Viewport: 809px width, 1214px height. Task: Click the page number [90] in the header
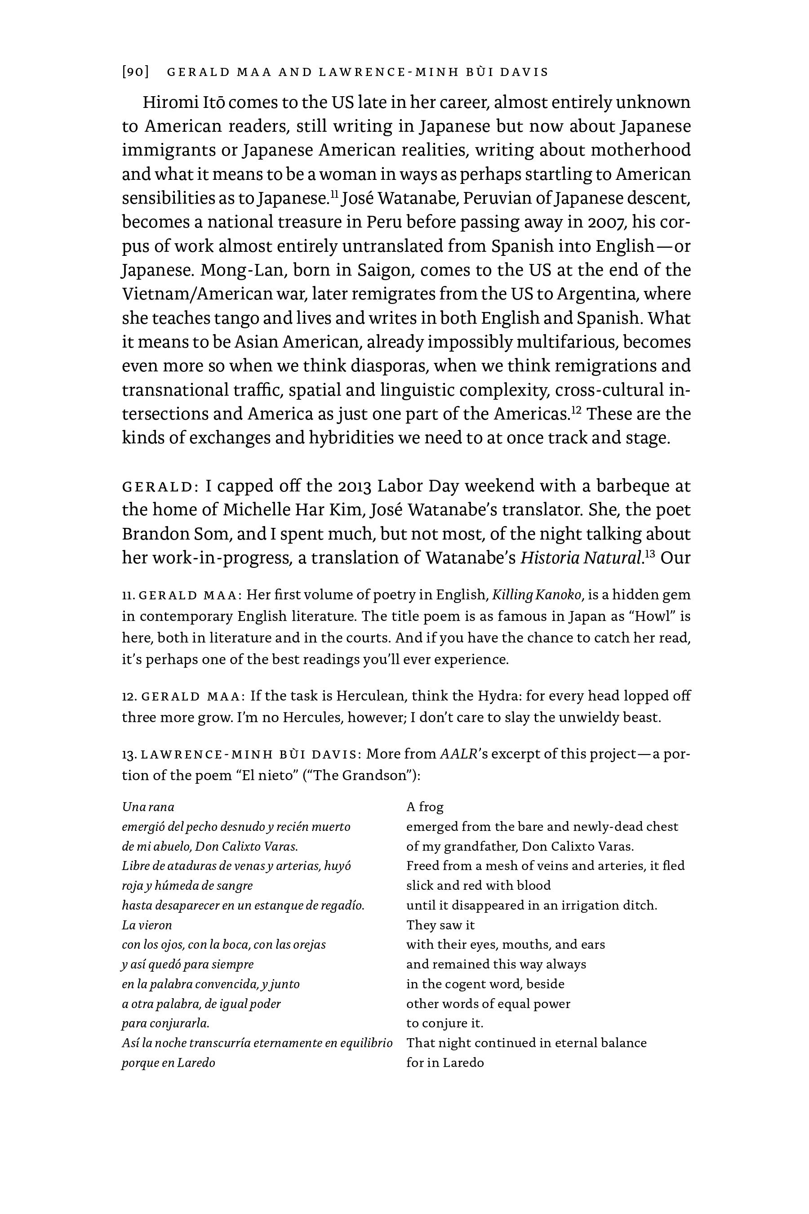coord(136,72)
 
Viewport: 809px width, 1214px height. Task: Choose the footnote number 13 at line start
coord(129,754)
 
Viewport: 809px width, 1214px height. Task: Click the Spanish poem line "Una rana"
coord(148,807)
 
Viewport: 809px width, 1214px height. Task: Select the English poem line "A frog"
coord(425,807)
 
